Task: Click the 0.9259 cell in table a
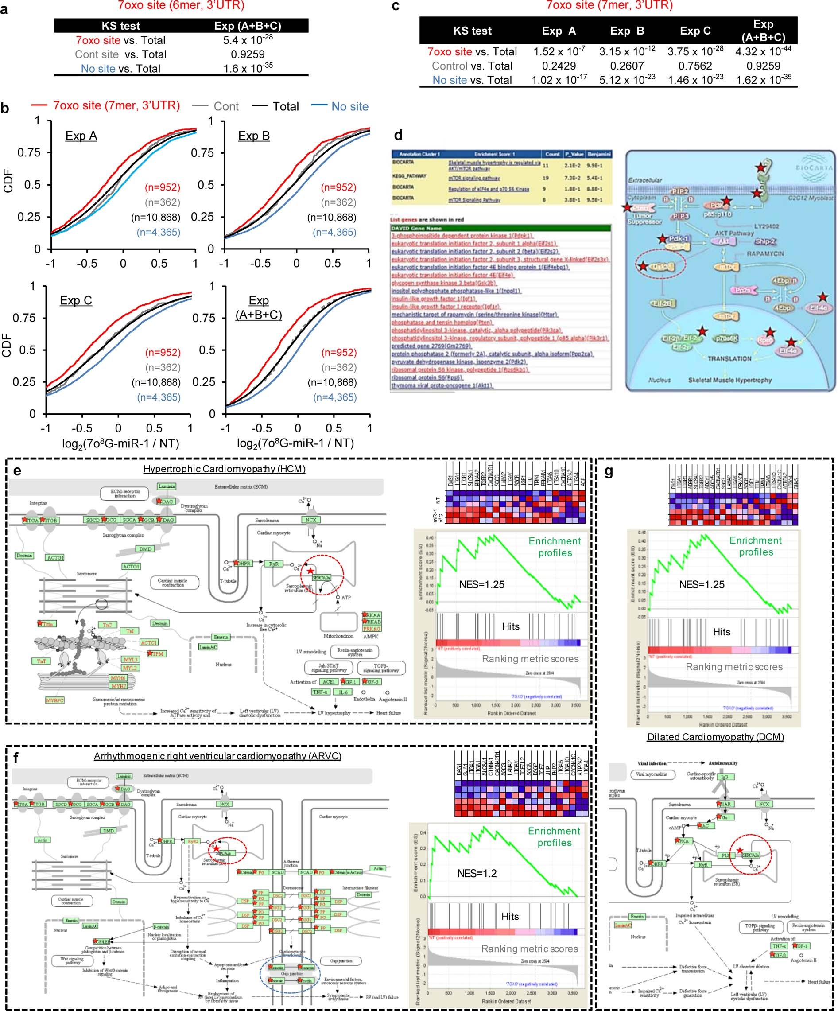[248, 54]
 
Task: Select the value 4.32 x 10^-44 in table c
[763, 51]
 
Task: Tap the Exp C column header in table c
[694, 31]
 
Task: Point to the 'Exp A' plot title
[81, 136]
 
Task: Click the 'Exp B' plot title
[254, 136]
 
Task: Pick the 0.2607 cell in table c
[627, 66]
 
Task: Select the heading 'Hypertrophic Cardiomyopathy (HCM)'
[224, 469]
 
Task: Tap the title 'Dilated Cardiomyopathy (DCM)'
[715, 737]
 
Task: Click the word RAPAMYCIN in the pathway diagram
[765, 253]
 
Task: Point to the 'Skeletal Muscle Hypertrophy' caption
[729, 380]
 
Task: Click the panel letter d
[398, 135]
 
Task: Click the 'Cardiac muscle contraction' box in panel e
[172, 583]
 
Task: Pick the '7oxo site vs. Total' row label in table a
[120, 40]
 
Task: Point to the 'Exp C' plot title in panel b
[76, 300]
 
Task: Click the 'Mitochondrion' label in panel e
[338, 635]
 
